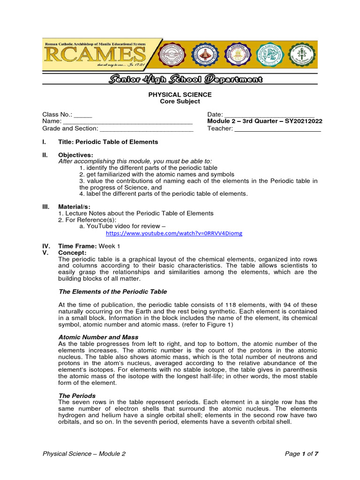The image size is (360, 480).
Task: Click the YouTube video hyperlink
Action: pos(174,233)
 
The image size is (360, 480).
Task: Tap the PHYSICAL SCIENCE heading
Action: pos(180,95)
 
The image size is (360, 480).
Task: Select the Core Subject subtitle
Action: pos(180,101)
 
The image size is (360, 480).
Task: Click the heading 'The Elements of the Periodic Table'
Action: pos(112,292)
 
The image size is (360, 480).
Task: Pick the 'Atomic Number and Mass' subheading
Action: pos(98,337)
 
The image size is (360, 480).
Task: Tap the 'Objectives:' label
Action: pos(75,155)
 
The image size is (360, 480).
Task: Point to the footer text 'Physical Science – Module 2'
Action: pos(84,454)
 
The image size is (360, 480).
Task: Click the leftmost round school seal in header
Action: pos(174,55)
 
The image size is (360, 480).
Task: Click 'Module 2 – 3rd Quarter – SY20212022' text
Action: pos(265,121)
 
